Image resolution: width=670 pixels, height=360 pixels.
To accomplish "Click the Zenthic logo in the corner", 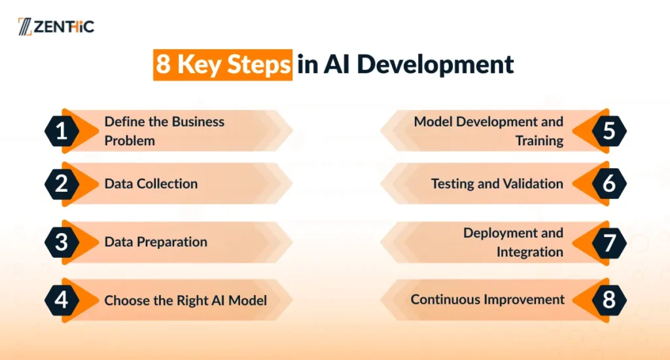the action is tap(56, 26).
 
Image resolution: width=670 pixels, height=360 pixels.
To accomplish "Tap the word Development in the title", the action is tap(435, 65).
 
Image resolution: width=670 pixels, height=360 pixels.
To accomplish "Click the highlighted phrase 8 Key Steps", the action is tap(222, 65).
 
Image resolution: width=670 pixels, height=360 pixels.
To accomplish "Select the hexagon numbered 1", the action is tap(62, 131).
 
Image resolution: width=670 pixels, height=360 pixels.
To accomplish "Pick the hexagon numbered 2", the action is tap(62, 184).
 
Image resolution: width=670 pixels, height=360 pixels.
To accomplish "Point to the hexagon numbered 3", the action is tap(62, 242).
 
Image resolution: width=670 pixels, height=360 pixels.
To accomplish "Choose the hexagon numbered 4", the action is tap(62, 300).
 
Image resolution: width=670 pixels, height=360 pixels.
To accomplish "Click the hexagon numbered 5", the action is tap(609, 131).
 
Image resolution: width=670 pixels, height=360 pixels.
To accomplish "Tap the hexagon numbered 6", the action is tap(609, 184).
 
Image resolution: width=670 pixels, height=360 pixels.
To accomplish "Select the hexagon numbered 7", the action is tap(609, 242).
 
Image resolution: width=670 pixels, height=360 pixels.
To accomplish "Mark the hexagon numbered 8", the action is tap(609, 300).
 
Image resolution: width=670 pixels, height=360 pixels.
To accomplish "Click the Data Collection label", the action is tap(151, 184).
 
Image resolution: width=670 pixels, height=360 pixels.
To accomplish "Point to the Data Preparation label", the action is tap(156, 242).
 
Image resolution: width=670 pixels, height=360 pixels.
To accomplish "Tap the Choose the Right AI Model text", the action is tap(185, 300).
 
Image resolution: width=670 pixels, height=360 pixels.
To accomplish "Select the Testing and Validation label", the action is tap(497, 184).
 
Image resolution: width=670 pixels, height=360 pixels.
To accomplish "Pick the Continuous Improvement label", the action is tap(487, 300).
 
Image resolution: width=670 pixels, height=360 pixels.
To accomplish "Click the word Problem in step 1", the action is tap(130, 141).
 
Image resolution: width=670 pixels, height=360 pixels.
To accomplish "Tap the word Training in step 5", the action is tap(539, 141).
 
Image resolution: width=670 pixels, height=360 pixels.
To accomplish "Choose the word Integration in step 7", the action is tap(530, 252).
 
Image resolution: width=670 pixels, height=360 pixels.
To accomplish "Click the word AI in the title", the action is tap(337, 65).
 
